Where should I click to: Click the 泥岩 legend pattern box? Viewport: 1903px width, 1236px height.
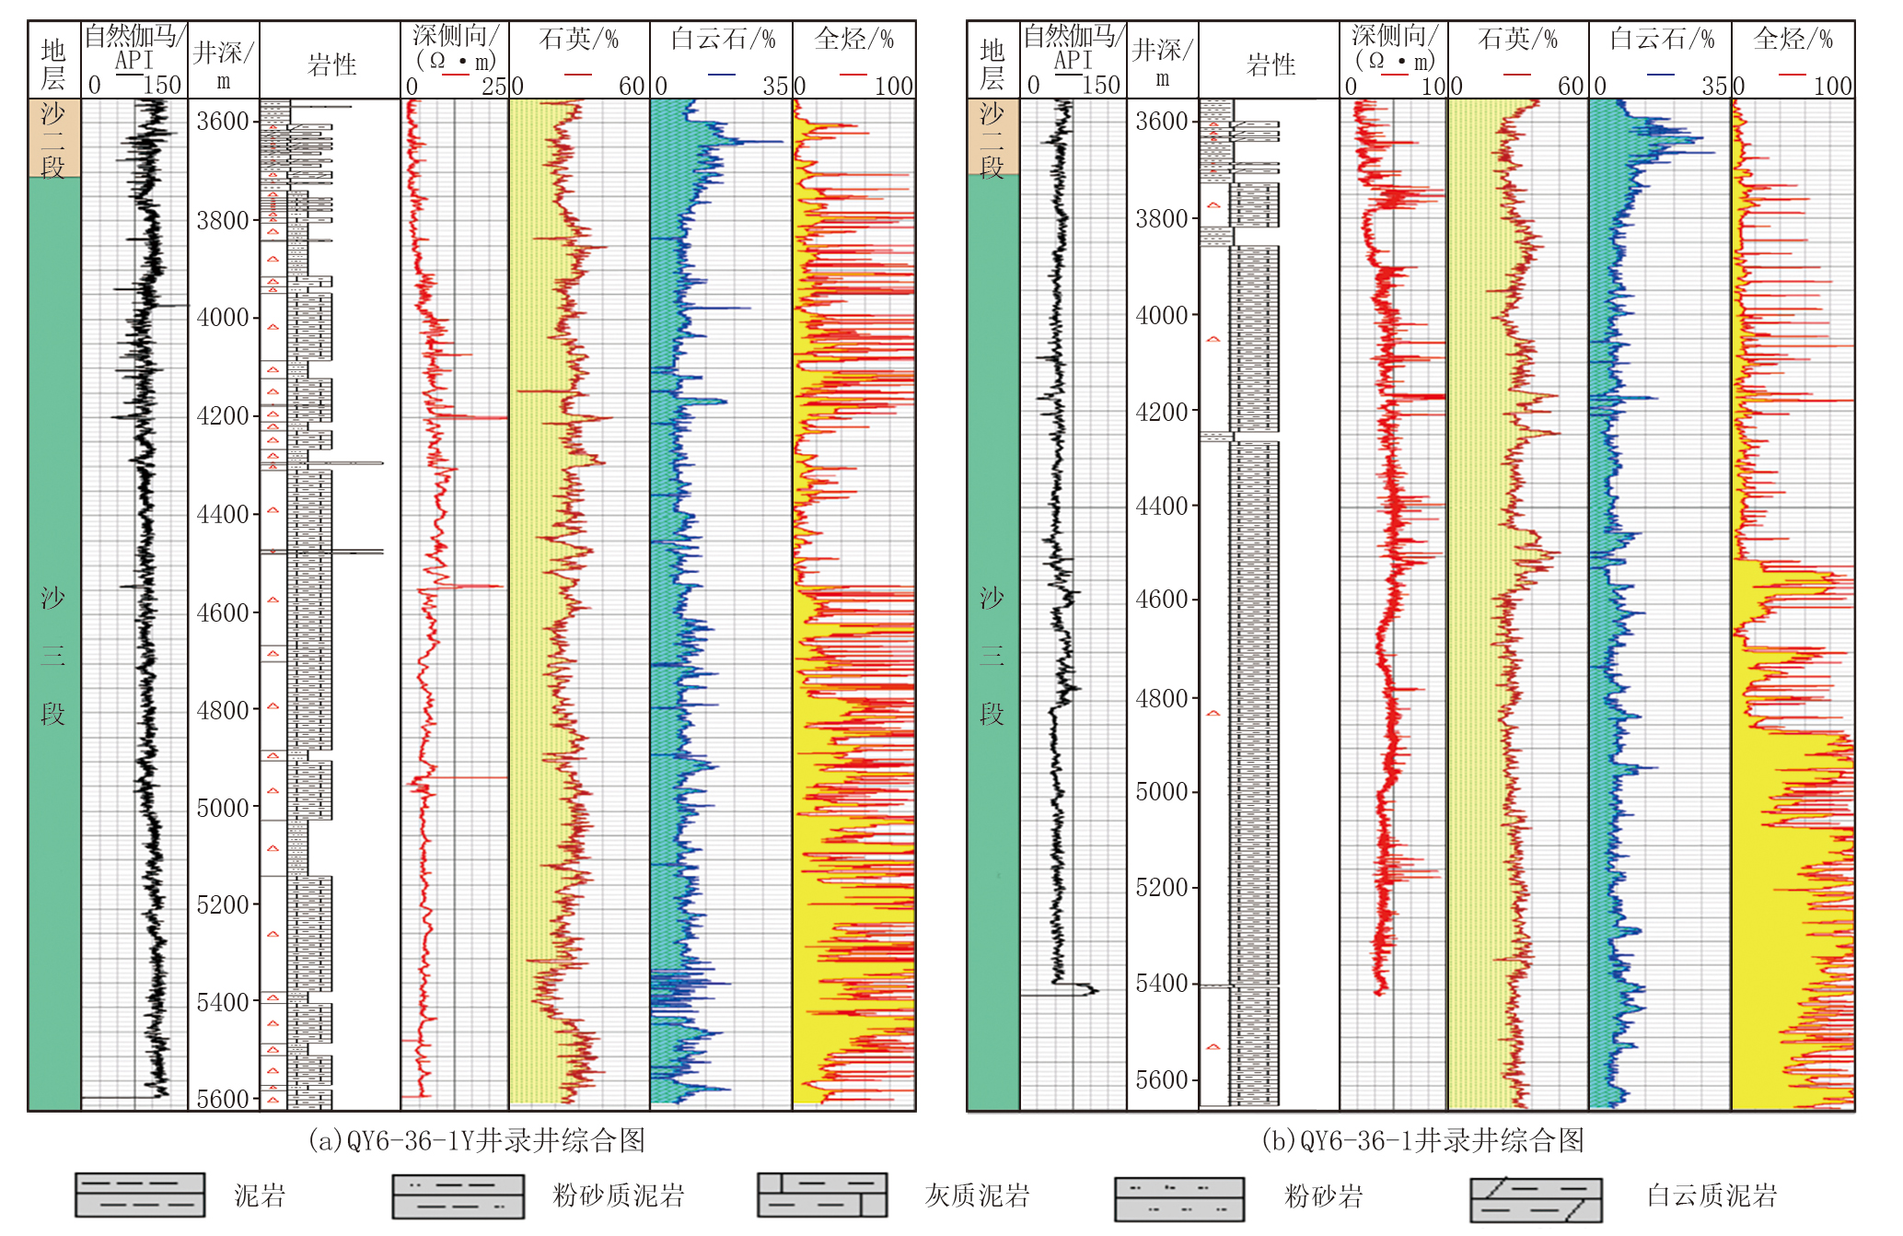pyautogui.click(x=140, y=1195)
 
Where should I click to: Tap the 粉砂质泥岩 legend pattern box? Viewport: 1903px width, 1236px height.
pyautogui.click(x=458, y=1195)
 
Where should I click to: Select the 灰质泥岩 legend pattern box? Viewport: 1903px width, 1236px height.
pyautogui.click(x=822, y=1195)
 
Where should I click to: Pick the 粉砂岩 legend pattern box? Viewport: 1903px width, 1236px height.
pyautogui.click(x=1178, y=1198)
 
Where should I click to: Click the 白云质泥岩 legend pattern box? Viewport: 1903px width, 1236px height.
pyautogui.click(x=1535, y=1198)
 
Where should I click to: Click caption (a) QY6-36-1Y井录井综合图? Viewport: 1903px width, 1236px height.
pyautogui.click(x=476, y=1141)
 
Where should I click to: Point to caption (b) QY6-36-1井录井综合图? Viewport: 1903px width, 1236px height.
pyautogui.click(x=1422, y=1141)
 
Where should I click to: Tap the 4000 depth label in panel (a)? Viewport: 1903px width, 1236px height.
pyautogui.click(x=223, y=318)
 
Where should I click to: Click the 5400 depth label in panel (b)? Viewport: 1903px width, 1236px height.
pyautogui.click(x=1162, y=984)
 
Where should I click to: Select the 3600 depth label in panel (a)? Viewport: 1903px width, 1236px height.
pyautogui.click(x=223, y=122)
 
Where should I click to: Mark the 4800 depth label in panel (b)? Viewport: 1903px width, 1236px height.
pyautogui.click(x=1162, y=699)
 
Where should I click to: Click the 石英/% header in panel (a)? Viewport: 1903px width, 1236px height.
pyautogui.click(x=578, y=39)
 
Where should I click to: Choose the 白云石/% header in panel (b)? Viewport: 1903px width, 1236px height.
pyautogui.click(x=1661, y=39)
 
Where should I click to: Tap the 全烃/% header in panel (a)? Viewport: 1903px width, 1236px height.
pyautogui.click(x=853, y=39)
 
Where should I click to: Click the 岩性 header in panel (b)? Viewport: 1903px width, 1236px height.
pyautogui.click(x=1271, y=64)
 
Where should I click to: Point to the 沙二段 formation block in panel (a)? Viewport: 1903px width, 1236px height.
pyautogui.click(x=53, y=138)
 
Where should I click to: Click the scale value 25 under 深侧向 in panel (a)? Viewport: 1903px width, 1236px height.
pyautogui.click(x=494, y=87)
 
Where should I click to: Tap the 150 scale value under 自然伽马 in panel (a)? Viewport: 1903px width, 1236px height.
pyautogui.click(x=162, y=86)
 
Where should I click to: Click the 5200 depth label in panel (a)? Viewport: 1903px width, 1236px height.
pyautogui.click(x=223, y=905)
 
